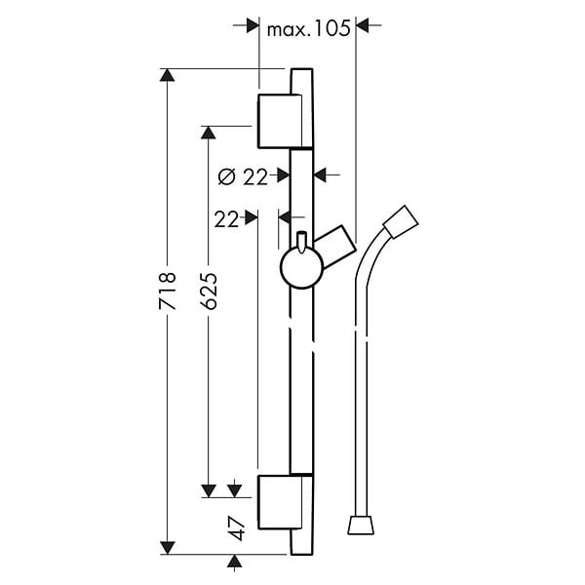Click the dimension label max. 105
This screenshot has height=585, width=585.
click(x=309, y=28)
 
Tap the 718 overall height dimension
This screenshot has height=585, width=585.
click(x=167, y=291)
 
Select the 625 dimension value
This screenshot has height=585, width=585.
click(x=209, y=291)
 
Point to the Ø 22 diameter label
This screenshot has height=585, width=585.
click(x=243, y=176)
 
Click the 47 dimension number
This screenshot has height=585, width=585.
click(x=238, y=528)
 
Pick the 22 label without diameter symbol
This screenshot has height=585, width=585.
click(x=226, y=219)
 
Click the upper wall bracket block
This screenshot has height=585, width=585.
click(x=280, y=121)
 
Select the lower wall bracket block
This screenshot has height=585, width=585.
click(x=280, y=502)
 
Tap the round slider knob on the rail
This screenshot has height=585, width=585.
click(x=301, y=268)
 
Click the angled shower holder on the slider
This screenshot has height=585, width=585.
click(x=334, y=247)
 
